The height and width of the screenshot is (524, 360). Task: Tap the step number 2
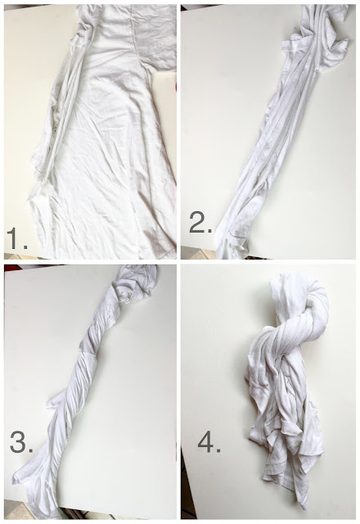tap(196, 223)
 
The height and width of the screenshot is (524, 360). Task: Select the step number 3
tap(18, 442)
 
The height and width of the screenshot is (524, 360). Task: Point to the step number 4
tap(205, 442)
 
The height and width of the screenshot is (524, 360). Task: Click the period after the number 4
tap(218, 450)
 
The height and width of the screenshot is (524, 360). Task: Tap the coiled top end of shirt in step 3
tap(135, 284)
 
